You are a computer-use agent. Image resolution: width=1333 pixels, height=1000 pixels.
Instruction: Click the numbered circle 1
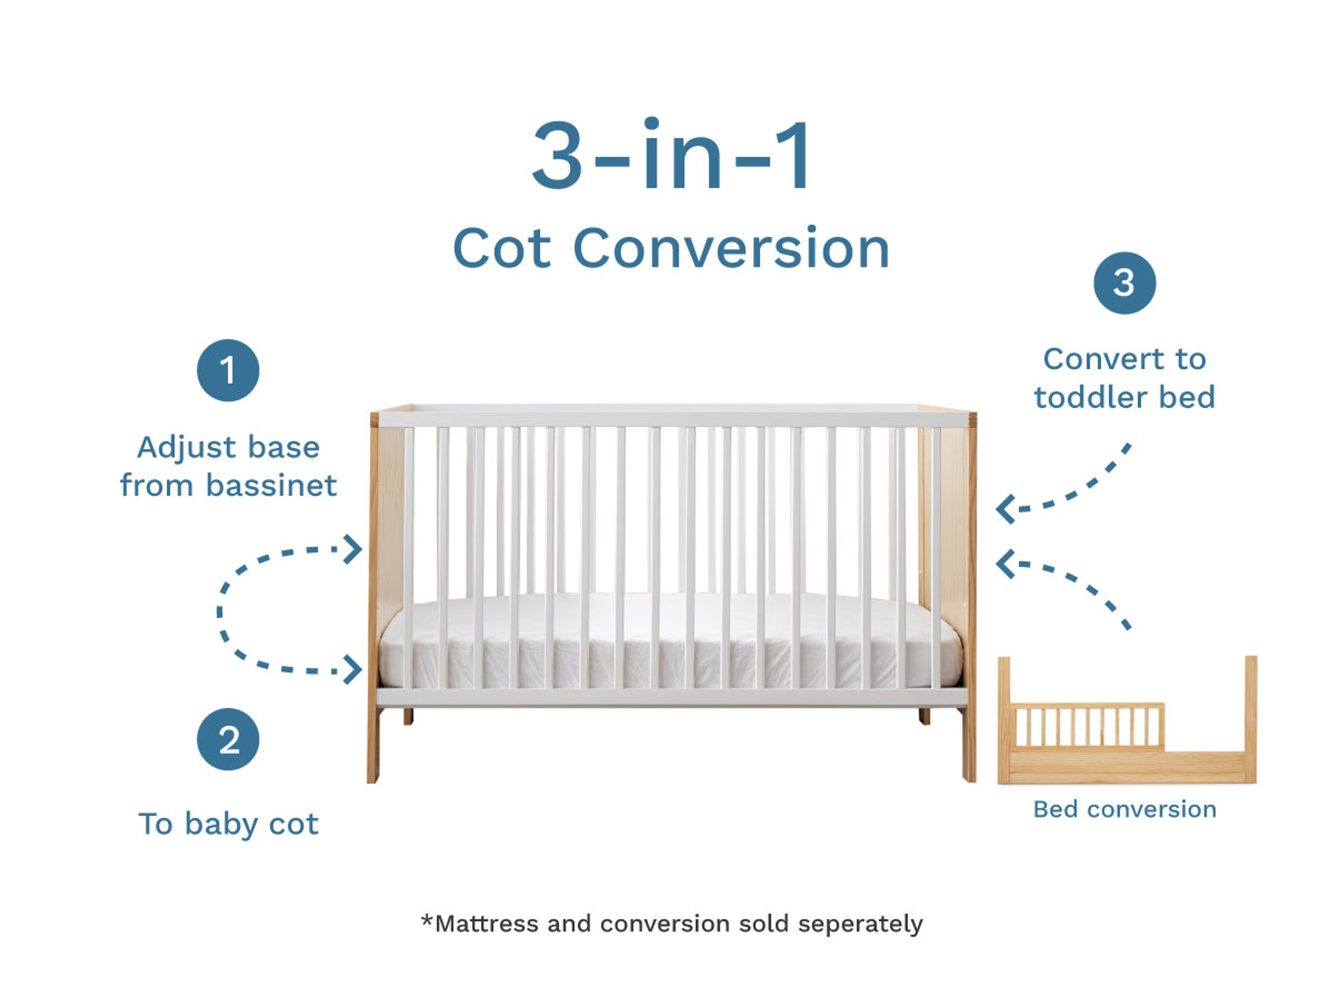click(x=228, y=370)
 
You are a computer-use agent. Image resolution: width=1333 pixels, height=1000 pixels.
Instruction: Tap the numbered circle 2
click(x=228, y=739)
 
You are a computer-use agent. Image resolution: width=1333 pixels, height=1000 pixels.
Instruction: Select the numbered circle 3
click(x=1125, y=283)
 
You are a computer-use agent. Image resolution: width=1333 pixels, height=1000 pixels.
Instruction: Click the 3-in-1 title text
click(x=671, y=156)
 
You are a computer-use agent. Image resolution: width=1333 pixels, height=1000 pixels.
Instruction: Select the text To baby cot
click(x=228, y=824)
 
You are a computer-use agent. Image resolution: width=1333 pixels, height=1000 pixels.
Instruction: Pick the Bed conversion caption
click(x=1125, y=809)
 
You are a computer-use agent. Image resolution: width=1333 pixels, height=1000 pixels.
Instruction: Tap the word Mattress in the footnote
click(x=486, y=924)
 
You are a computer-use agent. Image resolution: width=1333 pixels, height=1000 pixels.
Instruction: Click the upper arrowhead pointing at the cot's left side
click(x=353, y=549)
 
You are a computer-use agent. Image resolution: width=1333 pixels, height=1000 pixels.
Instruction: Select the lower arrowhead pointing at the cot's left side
click(x=353, y=670)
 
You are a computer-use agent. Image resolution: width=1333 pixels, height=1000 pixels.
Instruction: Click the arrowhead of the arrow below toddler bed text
click(x=1005, y=509)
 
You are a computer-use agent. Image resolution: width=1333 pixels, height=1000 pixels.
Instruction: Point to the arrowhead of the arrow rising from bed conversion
click(x=1005, y=564)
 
